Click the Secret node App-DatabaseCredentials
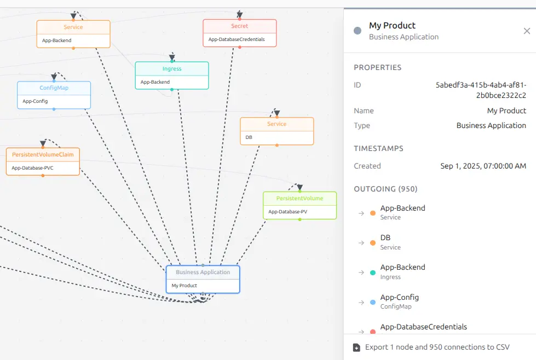[240, 33]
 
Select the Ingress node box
[172, 76]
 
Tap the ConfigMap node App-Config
[54, 95]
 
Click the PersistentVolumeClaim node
[43, 161]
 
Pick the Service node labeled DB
[277, 131]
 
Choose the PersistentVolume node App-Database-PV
[300, 205]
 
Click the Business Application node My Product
[203, 280]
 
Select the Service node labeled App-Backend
[73, 34]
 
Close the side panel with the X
[527, 31]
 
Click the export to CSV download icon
[356, 347]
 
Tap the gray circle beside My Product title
[358, 31]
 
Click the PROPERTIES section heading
[378, 67]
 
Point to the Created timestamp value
[483, 166]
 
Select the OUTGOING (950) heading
[385, 189]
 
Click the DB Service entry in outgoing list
[390, 242]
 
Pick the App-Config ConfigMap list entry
[399, 301]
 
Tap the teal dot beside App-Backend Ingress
[373, 272]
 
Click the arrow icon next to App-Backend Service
[361, 213]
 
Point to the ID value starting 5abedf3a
[481, 90]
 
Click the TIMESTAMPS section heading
[378, 148]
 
